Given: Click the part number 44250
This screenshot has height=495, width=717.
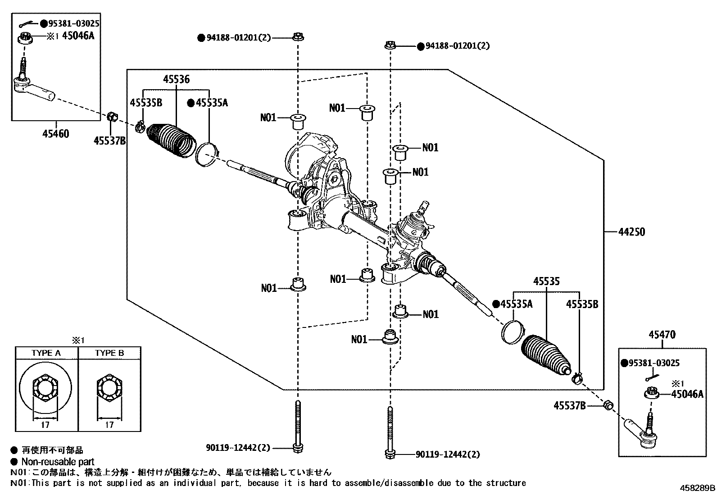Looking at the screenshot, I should click(631, 232).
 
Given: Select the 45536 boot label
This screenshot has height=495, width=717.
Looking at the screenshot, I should click(176, 80).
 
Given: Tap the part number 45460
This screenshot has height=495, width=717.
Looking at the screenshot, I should click(56, 134).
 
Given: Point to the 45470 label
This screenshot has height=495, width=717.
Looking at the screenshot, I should click(662, 335).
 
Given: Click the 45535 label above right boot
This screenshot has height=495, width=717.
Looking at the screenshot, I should click(546, 282).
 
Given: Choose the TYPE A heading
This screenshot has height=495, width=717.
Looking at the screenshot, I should click(46, 353).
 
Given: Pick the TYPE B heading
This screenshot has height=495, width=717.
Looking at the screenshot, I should click(109, 353).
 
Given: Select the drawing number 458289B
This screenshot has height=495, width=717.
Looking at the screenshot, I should click(698, 488).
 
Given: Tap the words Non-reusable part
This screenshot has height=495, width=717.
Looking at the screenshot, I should click(58, 462).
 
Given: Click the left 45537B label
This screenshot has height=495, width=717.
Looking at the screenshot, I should click(109, 141).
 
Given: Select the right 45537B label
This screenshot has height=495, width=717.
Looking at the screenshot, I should click(569, 406).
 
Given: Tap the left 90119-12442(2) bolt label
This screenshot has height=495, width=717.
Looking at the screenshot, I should click(238, 448).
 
